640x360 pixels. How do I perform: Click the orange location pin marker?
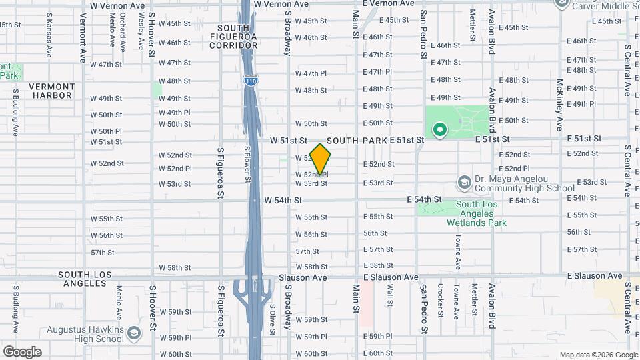(321, 159)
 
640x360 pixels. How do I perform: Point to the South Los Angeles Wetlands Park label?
(476, 213)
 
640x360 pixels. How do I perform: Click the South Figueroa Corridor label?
(233, 37)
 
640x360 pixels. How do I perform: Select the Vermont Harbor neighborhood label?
(51, 91)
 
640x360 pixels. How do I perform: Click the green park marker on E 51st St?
(439, 130)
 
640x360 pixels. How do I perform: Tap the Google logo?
(22, 351)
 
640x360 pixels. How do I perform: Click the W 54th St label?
(283, 200)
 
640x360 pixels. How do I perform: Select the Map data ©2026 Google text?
(598, 355)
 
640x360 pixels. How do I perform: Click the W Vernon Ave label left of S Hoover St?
(117, 5)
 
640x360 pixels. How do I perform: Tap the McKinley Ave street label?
(560, 105)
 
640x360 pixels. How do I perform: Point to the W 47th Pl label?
(311, 73)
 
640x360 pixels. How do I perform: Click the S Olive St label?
(272, 316)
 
